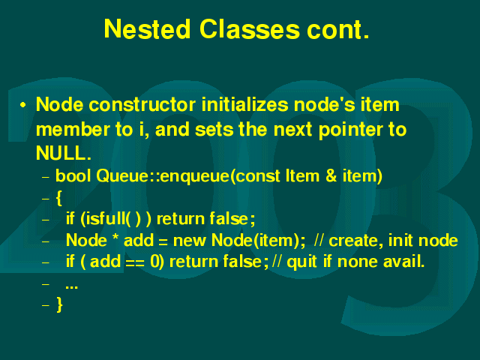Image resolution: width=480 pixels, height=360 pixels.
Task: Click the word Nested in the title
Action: [147, 29]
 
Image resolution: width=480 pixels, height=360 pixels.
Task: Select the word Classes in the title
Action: [250, 29]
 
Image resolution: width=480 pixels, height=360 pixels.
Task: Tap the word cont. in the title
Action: [338, 30]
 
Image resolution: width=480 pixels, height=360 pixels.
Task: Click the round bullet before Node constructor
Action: [22, 105]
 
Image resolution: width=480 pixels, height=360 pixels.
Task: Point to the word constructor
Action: [142, 105]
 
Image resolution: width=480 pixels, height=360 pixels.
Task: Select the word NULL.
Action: [63, 153]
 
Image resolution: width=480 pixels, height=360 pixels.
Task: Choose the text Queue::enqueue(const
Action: [188, 177]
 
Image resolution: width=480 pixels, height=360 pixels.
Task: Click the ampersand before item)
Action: [331, 176]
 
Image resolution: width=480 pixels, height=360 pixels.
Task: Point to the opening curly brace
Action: [59, 198]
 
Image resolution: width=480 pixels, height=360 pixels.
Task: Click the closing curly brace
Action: [60, 304]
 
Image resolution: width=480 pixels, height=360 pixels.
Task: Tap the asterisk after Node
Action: [115, 237]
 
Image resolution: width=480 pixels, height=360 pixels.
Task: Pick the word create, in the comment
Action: [356, 241]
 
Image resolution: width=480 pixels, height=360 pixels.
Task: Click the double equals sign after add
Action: [135, 263]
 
